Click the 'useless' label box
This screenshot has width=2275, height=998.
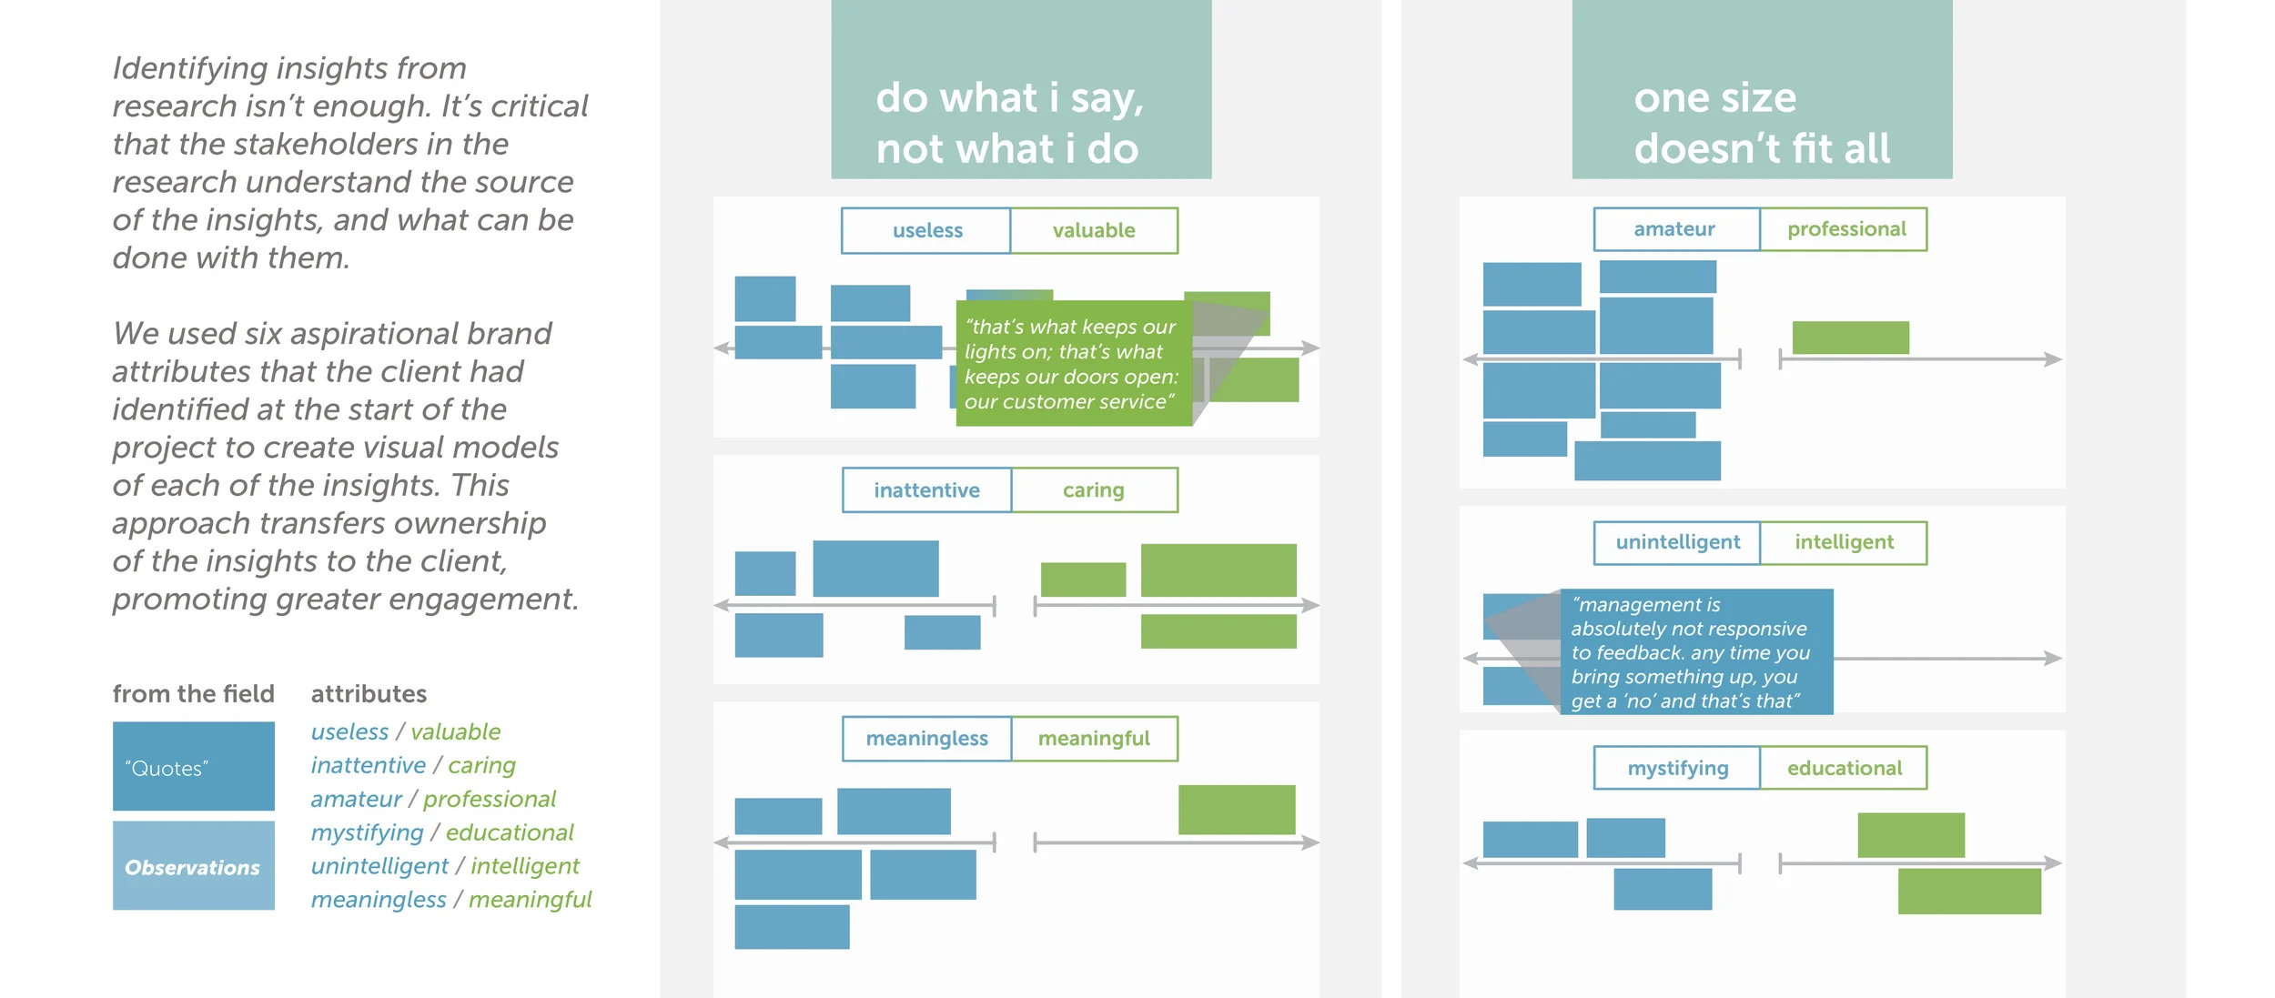[926, 230]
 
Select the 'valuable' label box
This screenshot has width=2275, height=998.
[1094, 230]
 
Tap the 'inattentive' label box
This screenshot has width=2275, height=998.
[926, 490]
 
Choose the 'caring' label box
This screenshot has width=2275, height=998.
[1094, 490]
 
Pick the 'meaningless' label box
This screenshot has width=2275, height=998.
[926, 739]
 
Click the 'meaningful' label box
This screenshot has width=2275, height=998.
[1094, 739]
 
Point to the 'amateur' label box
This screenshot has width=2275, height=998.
[1676, 229]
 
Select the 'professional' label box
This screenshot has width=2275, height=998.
[1845, 229]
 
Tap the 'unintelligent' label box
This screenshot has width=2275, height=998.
[1677, 542]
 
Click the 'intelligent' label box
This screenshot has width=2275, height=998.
[1844, 542]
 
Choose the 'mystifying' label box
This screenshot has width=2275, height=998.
[1677, 768]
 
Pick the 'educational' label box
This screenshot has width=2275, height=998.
[1844, 768]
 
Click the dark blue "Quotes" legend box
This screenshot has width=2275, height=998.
[193, 766]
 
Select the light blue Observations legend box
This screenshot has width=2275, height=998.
[193, 866]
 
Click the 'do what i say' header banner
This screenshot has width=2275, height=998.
[1021, 91]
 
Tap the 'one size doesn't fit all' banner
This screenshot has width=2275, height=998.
[1762, 91]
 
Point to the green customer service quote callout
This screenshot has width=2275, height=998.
[1074, 364]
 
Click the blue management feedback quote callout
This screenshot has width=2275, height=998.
[1696, 651]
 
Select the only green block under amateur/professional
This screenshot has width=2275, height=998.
[1850, 338]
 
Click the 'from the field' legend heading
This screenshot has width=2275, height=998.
[193, 694]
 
